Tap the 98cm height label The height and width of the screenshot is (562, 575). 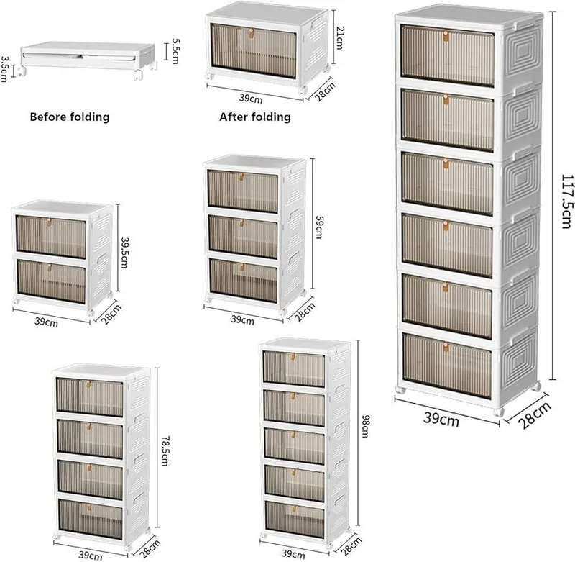click(366, 426)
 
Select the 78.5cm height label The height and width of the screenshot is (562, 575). click(165, 450)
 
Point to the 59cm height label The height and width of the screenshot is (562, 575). click(319, 227)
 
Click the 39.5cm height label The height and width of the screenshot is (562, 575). click(124, 253)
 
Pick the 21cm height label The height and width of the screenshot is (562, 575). click(339, 38)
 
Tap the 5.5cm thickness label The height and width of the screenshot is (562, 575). click(175, 51)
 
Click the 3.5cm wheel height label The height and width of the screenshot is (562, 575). click(4, 69)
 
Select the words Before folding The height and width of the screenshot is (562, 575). click(70, 117)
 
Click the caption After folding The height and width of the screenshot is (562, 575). click(255, 117)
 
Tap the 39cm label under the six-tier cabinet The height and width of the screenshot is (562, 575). click(441, 419)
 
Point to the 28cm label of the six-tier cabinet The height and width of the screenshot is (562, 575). click(535, 415)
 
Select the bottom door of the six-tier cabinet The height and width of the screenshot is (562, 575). click(447, 366)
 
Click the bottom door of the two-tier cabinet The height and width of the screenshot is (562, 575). click(51, 281)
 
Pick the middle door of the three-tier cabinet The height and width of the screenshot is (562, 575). click(244, 237)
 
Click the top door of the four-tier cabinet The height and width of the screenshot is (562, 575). click(90, 396)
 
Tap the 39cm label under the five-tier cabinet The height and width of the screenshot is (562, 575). click(293, 554)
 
